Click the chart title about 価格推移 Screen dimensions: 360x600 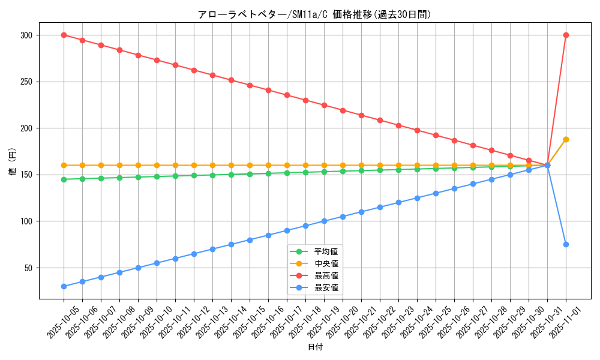pos(314,14)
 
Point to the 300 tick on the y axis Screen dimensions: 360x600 pos(26,35)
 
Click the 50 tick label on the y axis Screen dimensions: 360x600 pos(28,268)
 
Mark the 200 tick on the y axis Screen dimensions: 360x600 pos(26,128)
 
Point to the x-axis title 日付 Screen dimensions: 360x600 pos(315,347)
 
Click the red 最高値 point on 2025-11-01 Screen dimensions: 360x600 pos(566,35)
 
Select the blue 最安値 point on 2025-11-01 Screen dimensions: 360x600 pos(566,244)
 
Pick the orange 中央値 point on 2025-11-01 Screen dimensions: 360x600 pos(566,139)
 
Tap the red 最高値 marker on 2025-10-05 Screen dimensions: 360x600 pos(64,35)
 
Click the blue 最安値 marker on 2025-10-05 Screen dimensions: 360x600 pos(64,286)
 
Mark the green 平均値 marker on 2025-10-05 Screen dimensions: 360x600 pos(64,179)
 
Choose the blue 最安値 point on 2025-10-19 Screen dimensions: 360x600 pos(324,221)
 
